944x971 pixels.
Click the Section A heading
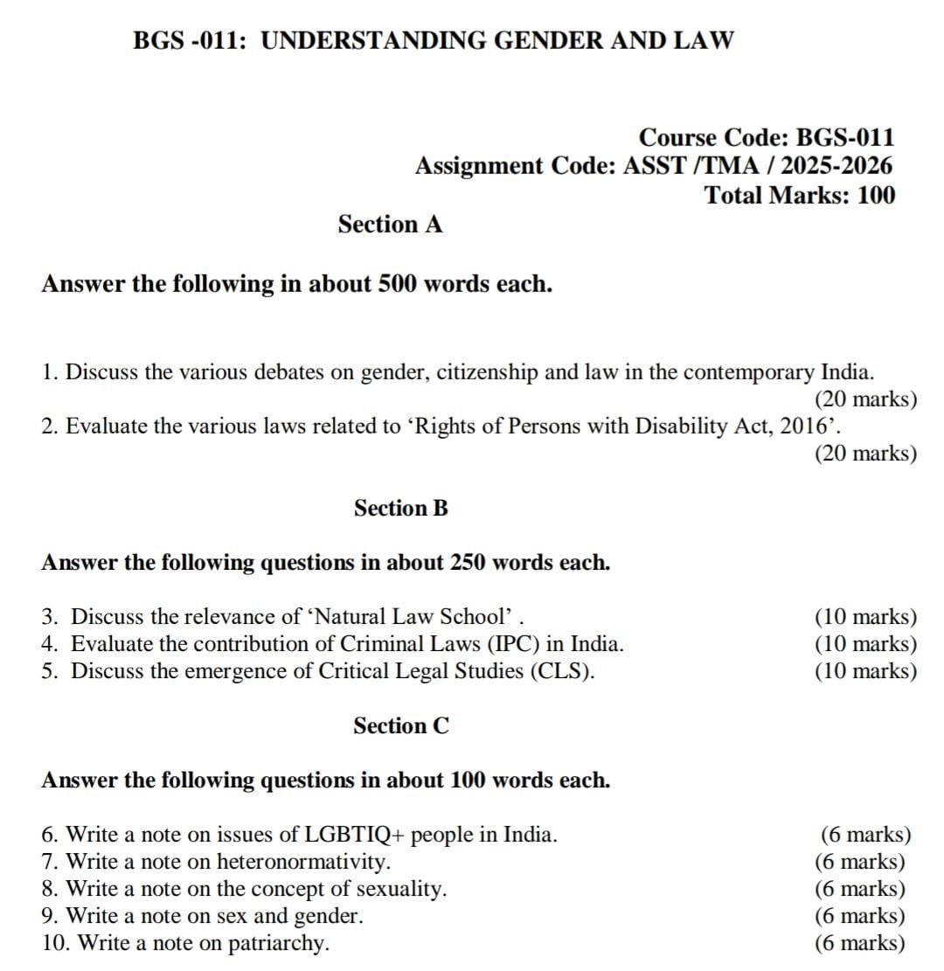click(390, 225)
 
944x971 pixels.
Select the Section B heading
click(400, 508)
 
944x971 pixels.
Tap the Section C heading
click(400, 725)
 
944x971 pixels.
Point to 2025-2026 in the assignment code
click(836, 165)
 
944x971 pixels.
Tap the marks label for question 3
click(865, 617)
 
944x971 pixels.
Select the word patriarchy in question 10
click(278, 943)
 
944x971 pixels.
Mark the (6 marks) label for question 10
click(860, 943)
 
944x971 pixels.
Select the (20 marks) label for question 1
click(865, 399)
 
